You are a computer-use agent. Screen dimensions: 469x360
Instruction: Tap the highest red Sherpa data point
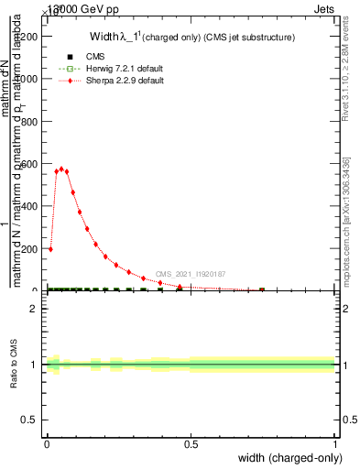point(61,169)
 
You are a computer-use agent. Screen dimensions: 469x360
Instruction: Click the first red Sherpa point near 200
point(50,248)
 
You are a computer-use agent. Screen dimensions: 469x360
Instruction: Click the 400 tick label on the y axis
point(31,207)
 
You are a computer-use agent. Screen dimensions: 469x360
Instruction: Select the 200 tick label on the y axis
point(31,249)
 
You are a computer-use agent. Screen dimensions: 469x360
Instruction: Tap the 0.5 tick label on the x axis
point(191,443)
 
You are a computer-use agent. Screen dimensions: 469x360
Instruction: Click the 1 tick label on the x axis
point(335,443)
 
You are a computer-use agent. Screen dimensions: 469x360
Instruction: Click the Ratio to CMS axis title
point(14,365)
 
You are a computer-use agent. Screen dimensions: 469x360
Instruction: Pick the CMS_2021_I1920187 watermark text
point(191,273)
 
